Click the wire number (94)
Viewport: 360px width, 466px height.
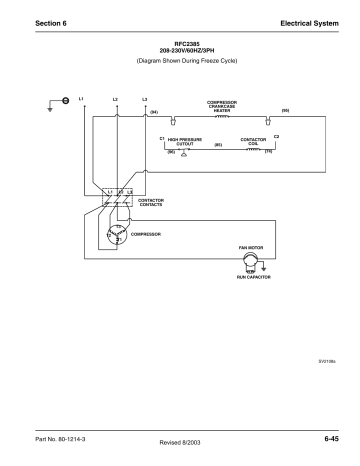tap(154, 112)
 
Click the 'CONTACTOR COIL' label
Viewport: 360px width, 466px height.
tap(252, 141)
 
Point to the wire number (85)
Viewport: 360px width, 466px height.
tap(218, 146)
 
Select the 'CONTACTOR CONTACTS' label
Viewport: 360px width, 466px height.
tap(151, 201)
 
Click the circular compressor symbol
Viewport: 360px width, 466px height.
tap(120, 235)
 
